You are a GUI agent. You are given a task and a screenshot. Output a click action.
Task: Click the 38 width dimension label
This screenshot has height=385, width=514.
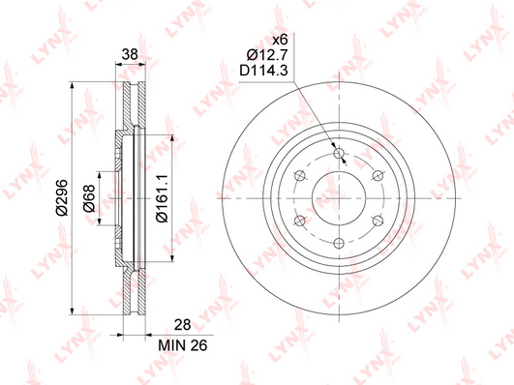pos(130,54)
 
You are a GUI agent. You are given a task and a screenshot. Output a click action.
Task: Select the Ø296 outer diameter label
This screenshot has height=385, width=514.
pos(62,197)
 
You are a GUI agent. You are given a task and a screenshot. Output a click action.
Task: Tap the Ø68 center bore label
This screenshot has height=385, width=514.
pos(88,198)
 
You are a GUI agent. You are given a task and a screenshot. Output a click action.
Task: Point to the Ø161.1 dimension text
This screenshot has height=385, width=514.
pos(162,198)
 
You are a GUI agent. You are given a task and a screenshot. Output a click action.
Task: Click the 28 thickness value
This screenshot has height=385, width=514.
pos(183,325)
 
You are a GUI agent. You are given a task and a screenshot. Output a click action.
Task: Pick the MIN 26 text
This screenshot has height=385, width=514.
pos(183,345)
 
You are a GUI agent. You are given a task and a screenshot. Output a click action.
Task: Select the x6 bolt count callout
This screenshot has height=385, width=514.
pos(281,40)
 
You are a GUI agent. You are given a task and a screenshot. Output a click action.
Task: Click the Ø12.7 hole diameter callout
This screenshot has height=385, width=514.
pos(267,55)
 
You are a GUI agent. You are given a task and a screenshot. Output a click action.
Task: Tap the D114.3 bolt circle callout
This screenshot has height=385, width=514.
pos(263,70)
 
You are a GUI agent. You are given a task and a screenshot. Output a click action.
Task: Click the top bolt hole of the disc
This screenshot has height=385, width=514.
pos(339,153)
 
